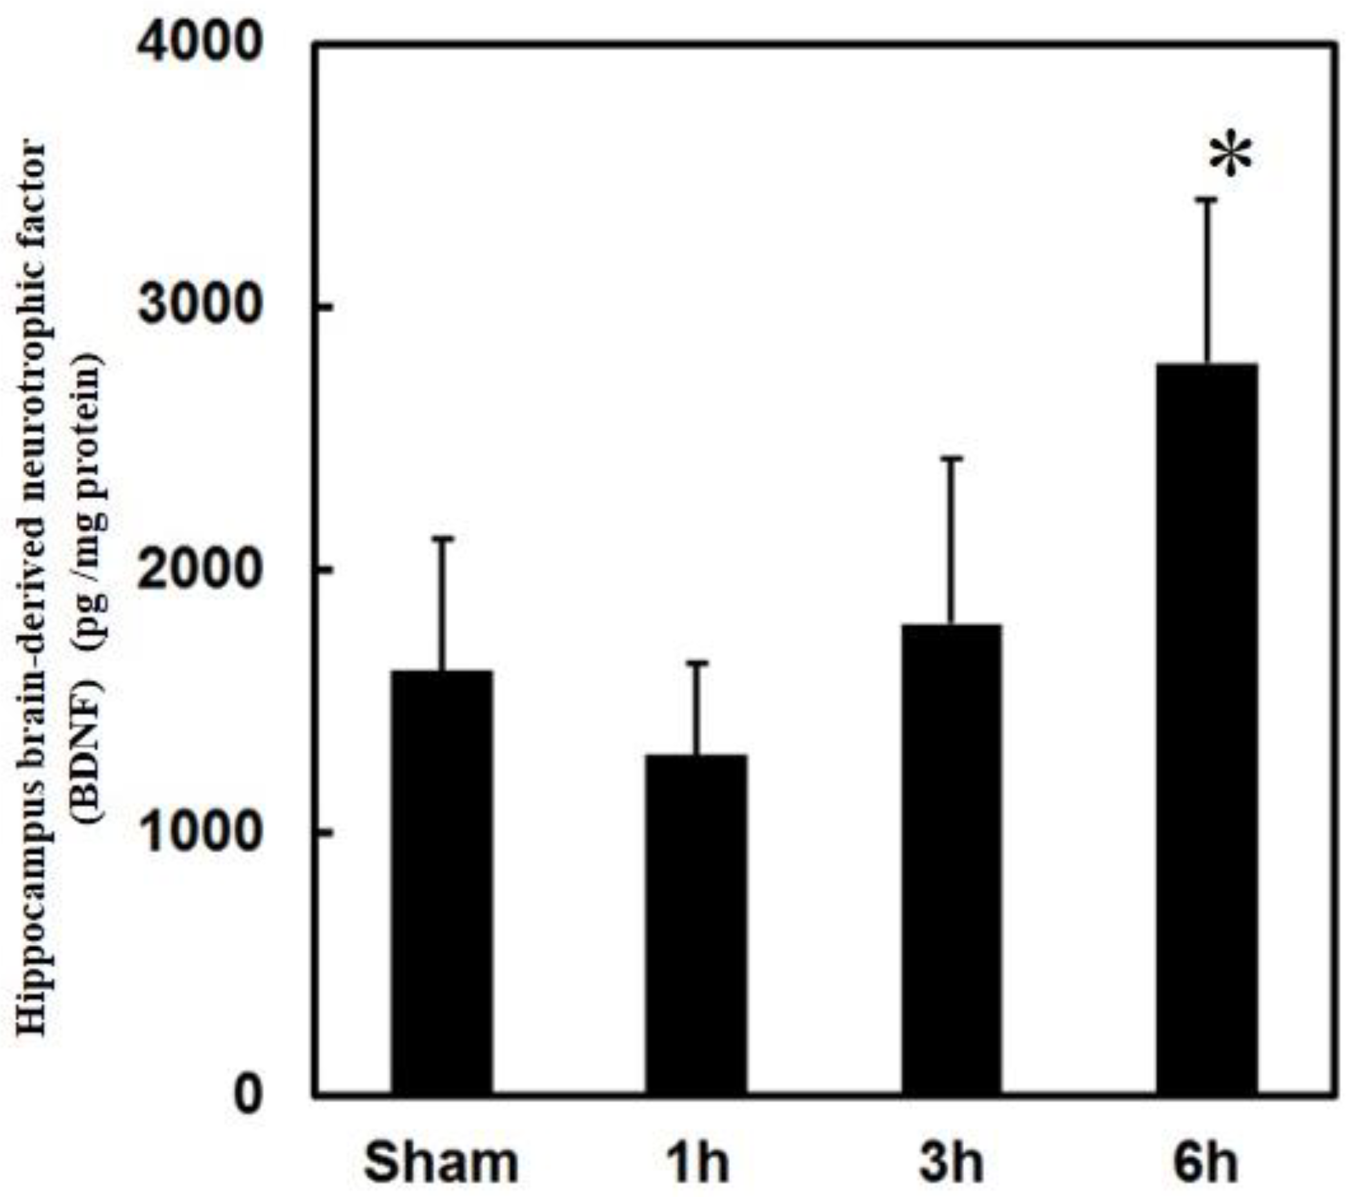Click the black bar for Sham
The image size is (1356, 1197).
pyautogui.click(x=441, y=882)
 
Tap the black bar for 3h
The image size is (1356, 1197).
pyautogui.click(x=950, y=859)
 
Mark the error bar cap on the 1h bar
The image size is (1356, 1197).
pyautogui.click(x=697, y=663)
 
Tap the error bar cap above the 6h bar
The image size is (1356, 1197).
pyautogui.click(x=1206, y=217)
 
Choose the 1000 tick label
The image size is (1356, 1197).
pyautogui.click(x=199, y=831)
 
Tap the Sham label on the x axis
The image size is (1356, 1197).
pyautogui.click(x=441, y=1162)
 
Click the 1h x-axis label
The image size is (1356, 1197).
pyautogui.click(x=696, y=1162)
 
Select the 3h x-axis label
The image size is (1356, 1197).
pyautogui.click(x=950, y=1162)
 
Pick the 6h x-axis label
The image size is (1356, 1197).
pyautogui.click(x=1205, y=1162)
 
